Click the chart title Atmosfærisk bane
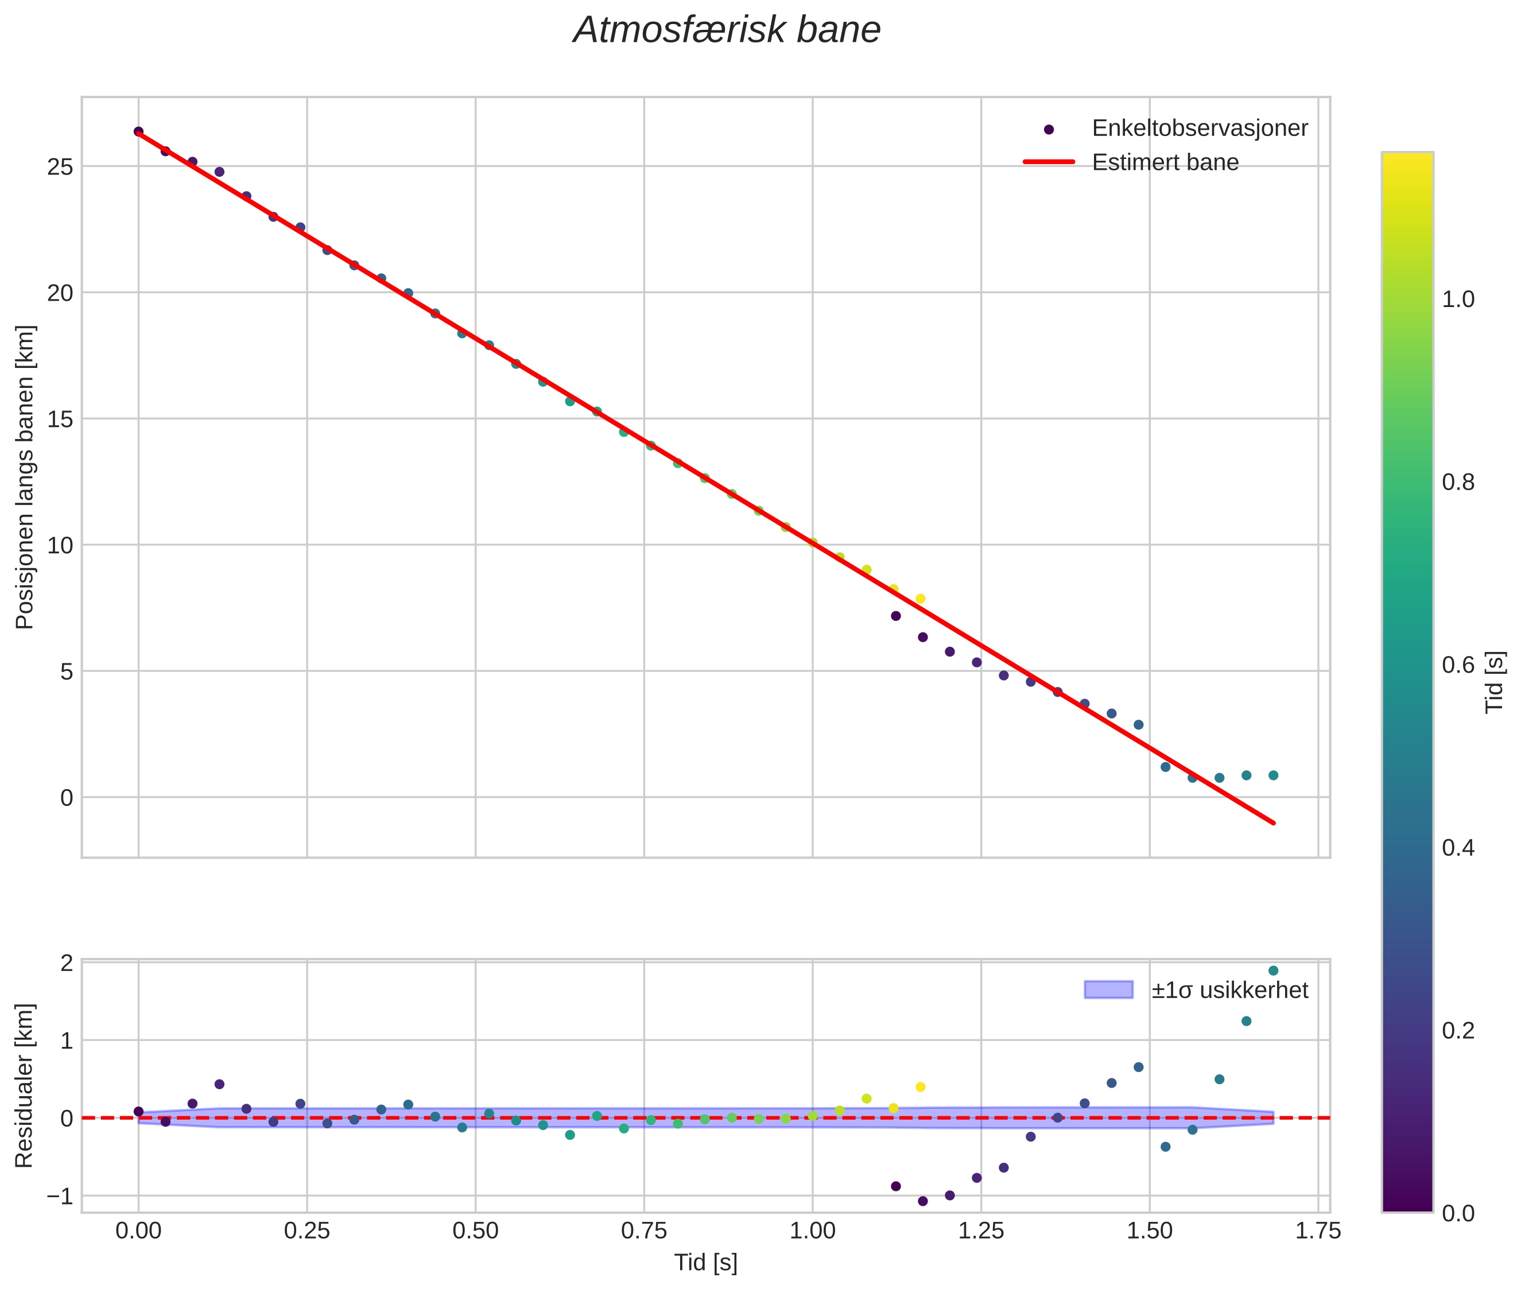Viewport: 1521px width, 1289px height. (x=727, y=30)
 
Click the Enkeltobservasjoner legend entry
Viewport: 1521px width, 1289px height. (x=1198, y=128)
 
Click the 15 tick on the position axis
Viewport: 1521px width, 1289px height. (x=61, y=420)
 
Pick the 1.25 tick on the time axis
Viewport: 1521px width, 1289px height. (x=981, y=1231)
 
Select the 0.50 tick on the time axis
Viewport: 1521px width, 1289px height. (x=475, y=1231)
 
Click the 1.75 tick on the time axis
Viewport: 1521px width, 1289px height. (x=1318, y=1231)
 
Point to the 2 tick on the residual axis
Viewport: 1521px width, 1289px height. (x=67, y=963)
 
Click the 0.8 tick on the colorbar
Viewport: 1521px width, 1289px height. (x=1458, y=482)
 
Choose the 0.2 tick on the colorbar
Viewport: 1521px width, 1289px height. (x=1458, y=1030)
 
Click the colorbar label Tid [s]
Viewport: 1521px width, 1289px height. (x=1495, y=682)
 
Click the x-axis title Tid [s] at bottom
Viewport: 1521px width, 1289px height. (x=705, y=1263)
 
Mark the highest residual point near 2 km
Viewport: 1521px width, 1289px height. (x=1273, y=970)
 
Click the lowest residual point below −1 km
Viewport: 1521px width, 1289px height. (x=922, y=1201)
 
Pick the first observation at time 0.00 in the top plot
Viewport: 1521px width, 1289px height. (x=138, y=131)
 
